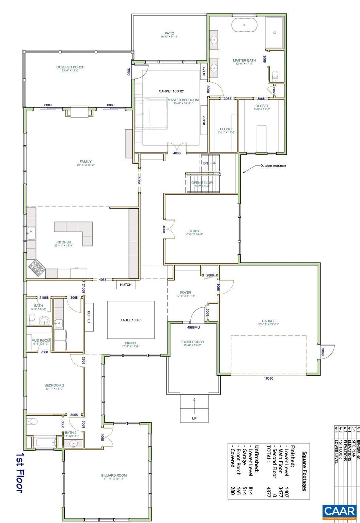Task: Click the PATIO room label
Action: [169, 33]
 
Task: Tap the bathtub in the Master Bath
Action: [244, 26]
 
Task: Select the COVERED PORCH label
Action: [70, 67]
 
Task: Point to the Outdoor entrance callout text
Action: [273, 166]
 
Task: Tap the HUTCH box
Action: [126, 285]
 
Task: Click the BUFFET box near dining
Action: [89, 317]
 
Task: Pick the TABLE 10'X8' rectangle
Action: [131, 320]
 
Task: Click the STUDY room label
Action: [194, 231]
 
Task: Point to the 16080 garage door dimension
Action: [269, 378]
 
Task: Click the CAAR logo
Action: [340, 511]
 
